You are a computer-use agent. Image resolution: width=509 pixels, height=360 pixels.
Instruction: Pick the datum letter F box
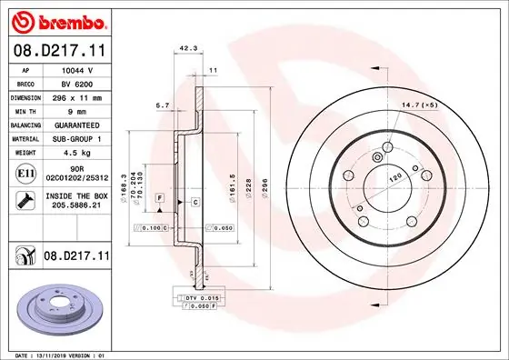point(159,197)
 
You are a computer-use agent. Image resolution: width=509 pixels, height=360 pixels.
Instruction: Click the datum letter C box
point(194,201)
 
